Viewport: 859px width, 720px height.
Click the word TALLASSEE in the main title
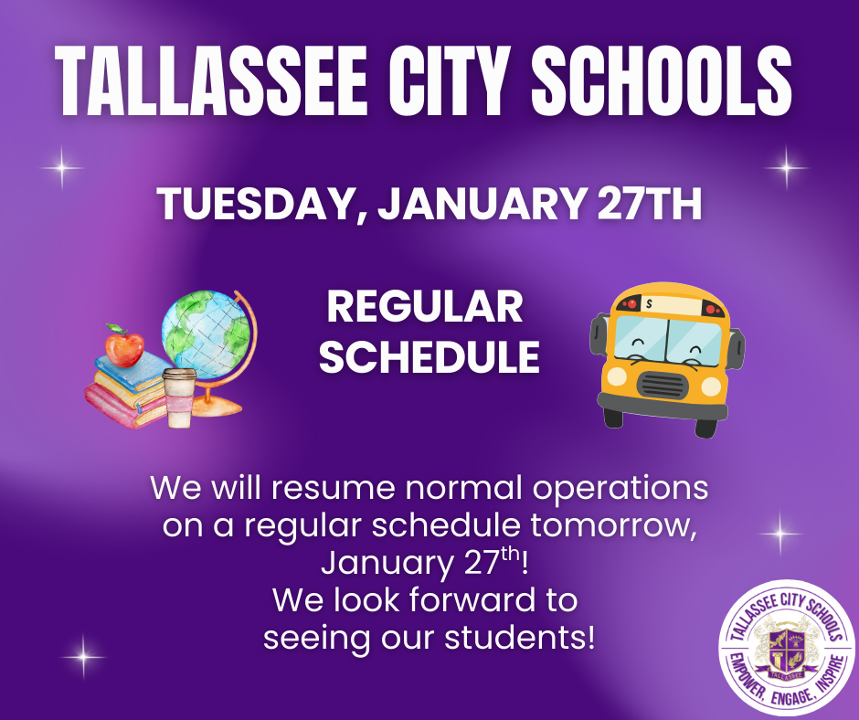(211, 80)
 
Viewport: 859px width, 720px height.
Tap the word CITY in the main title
(450, 80)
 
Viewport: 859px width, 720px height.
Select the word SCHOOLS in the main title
(662, 80)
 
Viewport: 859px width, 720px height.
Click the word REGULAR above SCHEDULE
(425, 307)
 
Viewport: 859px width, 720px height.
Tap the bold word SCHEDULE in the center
(429, 356)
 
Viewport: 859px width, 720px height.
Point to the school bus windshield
(667, 342)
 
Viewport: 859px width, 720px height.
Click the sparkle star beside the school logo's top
(780, 532)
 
